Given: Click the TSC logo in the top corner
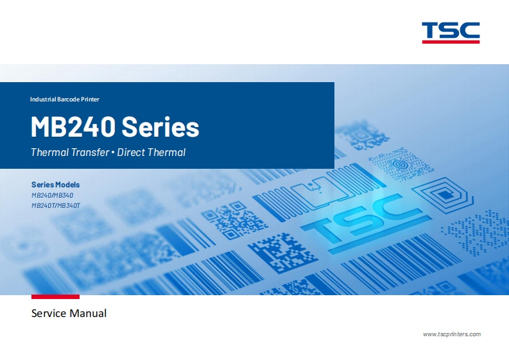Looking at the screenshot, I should click(451, 30).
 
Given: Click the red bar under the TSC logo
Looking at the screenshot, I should click(451, 42).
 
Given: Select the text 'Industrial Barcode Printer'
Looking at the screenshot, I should click(65, 99).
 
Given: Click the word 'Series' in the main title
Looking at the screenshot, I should click(160, 127).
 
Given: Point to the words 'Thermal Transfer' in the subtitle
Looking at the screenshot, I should click(70, 153).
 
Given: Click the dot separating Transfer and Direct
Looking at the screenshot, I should click(113, 153).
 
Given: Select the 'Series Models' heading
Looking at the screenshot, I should click(55, 185).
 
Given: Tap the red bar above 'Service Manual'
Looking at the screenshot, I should click(55, 297).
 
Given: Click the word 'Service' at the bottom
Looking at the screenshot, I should click(49, 314).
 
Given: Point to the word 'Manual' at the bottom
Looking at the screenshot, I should click(89, 314).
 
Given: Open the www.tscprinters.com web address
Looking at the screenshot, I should click(451, 334).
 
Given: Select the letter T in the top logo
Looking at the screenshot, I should click(432, 30).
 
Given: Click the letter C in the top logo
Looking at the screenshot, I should click(470, 30).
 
